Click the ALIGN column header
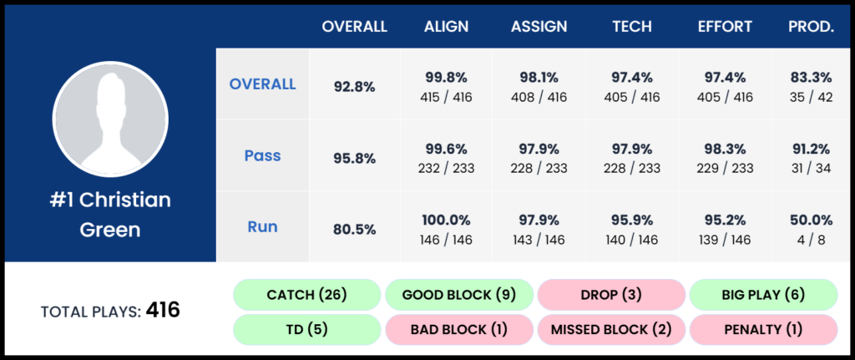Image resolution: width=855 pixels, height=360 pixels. point(446,27)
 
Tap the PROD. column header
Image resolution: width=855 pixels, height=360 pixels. point(810,27)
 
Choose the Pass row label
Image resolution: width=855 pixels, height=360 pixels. point(262,155)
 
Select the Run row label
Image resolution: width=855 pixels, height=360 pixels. point(262,226)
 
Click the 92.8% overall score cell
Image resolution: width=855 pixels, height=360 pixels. point(355,85)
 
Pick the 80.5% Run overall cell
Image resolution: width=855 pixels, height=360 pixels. point(355,227)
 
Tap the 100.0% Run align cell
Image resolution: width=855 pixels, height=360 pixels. point(446,227)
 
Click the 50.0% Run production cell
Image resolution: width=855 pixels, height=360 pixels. point(810,227)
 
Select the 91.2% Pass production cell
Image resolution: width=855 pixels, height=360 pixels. point(810,156)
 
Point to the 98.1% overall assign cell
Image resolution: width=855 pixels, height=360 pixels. point(539,85)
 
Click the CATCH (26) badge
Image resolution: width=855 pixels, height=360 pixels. point(306,295)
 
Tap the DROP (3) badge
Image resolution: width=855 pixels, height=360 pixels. point(610,295)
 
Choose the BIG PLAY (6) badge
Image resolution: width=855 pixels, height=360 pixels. point(763,295)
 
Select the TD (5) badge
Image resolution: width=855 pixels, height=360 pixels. point(306,330)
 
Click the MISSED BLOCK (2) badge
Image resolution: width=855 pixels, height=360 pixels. point(610,330)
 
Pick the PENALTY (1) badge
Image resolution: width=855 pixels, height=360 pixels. point(763,330)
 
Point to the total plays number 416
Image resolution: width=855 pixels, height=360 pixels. point(163,311)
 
